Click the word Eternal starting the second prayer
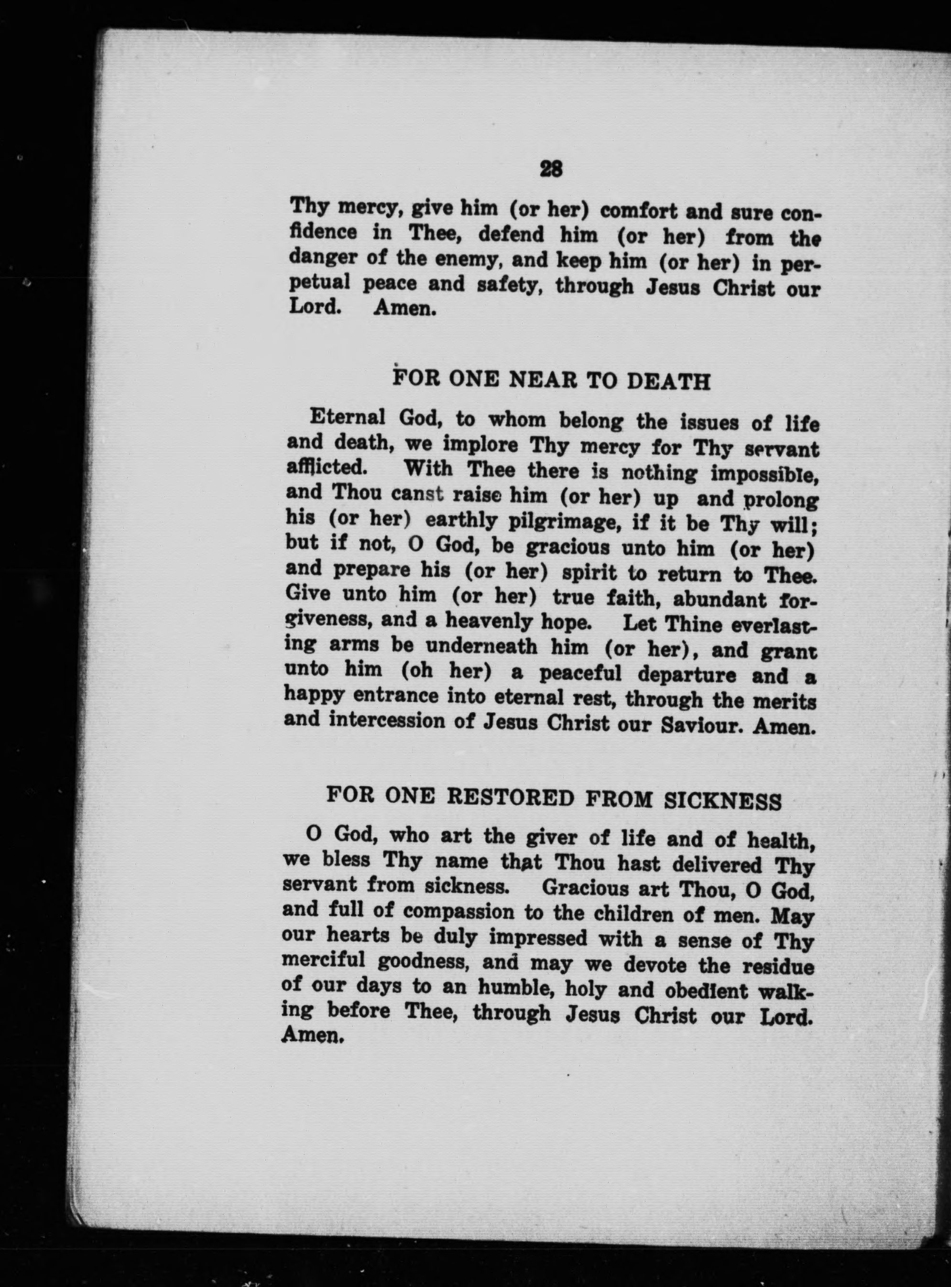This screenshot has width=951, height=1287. click(x=347, y=417)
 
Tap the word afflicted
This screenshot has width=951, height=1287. click(x=326, y=467)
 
